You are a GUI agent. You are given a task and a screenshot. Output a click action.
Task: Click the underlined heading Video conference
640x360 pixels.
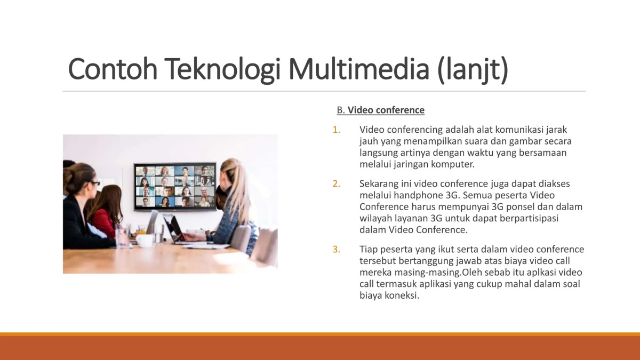click(386, 110)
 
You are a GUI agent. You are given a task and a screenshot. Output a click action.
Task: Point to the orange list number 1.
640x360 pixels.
click(336, 130)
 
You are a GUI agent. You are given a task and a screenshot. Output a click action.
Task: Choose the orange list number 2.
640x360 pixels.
click(336, 184)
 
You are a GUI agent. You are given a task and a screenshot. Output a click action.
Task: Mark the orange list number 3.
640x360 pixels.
click(336, 249)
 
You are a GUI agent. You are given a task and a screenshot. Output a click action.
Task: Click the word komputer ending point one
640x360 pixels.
click(453, 164)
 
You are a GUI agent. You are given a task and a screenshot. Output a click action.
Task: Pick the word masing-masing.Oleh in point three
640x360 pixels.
click(433, 273)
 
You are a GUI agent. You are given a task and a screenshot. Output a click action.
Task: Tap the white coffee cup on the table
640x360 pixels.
click(145, 240)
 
